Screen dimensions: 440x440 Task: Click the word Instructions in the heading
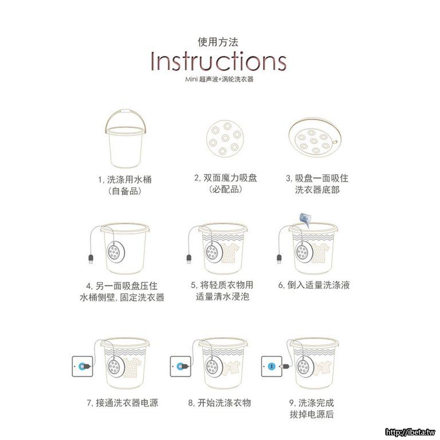point(218,61)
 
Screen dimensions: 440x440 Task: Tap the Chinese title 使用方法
point(218,42)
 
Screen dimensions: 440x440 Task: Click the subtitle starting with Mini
point(219,79)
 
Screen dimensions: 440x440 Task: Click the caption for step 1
point(125,185)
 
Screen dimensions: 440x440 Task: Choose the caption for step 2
point(226,183)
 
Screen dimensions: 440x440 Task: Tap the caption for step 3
point(317,184)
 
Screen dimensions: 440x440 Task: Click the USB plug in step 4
point(91,259)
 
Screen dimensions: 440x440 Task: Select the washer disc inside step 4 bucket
point(116,252)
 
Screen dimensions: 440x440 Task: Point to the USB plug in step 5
point(189,259)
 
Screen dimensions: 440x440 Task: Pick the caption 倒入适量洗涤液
point(314,285)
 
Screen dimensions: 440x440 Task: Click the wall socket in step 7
point(82,366)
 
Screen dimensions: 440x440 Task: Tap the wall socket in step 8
point(180,366)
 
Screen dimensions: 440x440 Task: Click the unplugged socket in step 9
point(272,366)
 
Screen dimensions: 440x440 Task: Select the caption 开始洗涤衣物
point(219,403)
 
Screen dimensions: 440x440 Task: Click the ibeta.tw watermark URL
point(410,432)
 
